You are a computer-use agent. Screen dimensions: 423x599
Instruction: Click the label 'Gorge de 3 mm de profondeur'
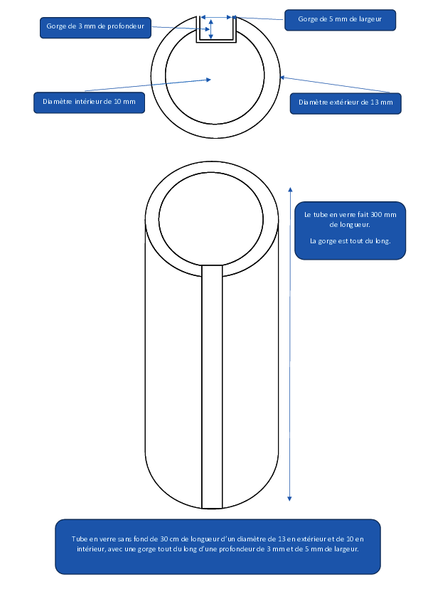pyautogui.click(x=95, y=26)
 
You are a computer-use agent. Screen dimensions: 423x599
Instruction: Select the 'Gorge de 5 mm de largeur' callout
pyautogui.click(x=340, y=20)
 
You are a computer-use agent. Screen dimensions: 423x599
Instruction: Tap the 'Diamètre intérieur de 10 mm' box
pyautogui.click(x=90, y=102)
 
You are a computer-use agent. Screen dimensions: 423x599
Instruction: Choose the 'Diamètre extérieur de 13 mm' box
pyautogui.click(x=346, y=103)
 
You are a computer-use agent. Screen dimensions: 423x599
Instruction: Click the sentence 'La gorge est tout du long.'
pyautogui.click(x=350, y=241)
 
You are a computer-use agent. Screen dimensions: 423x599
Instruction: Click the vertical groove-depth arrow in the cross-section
pyautogui.click(x=210, y=29)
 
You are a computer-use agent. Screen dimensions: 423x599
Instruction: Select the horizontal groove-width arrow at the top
pyautogui.click(x=216, y=17)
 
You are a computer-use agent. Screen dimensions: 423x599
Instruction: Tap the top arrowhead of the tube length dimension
pyautogui.click(x=290, y=189)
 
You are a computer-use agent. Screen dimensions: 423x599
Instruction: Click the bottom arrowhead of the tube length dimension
pyautogui.click(x=289, y=499)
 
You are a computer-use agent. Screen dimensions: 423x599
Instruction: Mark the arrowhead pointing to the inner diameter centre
pyautogui.click(x=208, y=80)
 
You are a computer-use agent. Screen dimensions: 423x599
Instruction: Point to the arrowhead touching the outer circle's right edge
pyautogui.click(x=282, y=78)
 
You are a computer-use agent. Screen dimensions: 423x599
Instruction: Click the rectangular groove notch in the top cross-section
pyautogui.click(x=216, y=41)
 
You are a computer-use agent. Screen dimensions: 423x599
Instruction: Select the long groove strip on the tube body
pyautogui.click(x=212, y=386)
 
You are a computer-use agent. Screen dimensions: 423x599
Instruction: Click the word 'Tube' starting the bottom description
pyautogui.click(x=79, y=539)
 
